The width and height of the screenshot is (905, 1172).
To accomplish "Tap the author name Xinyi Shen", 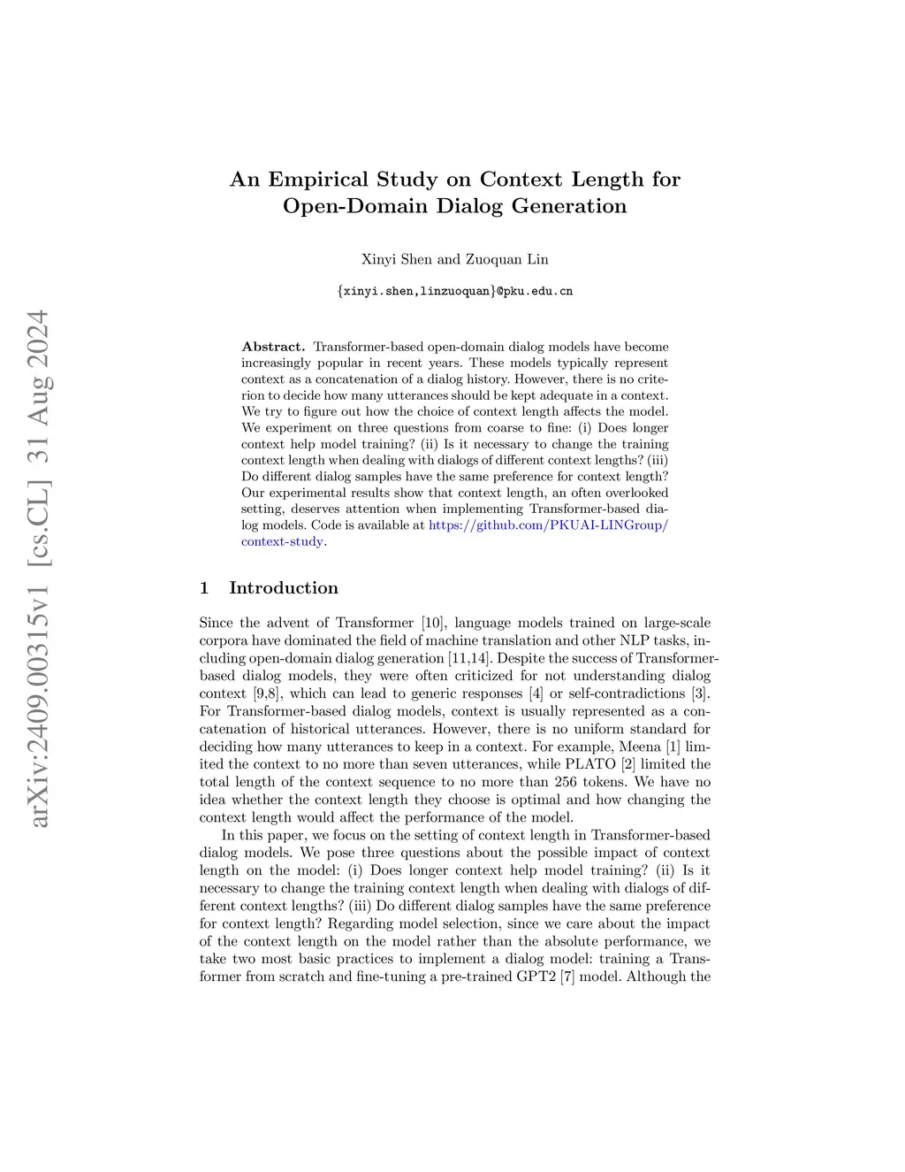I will coord(397,259).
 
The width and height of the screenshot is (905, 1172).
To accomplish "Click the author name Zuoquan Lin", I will coord(507,259).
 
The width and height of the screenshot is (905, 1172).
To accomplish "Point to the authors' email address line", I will coord(455,291).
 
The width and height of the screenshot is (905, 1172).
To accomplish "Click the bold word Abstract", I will coord(273,347).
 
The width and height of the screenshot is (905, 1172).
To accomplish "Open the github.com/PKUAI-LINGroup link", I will coord(548,525).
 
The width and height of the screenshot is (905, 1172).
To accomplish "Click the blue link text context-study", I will coord(282,541).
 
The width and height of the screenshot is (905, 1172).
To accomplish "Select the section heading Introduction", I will coord(283,588).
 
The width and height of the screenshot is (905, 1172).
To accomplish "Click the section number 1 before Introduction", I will coord(204,588).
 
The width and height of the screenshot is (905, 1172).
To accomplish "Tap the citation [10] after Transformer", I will coord(433,623).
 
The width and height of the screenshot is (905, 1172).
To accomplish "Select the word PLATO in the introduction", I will coord(590,764).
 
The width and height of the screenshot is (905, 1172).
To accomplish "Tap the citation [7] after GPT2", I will coord(567,977).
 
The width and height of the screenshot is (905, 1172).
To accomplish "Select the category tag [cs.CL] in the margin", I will coord(39,523).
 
